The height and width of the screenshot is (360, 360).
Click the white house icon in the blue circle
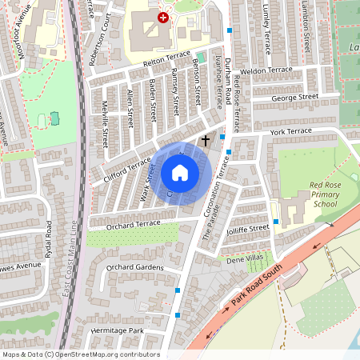click(180, 172)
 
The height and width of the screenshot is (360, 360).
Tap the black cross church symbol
click(205, 141)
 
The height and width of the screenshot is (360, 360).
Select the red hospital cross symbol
click(163, 17)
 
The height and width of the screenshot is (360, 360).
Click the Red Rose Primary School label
click(313, 194)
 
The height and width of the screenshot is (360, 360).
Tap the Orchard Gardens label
click(134, 267)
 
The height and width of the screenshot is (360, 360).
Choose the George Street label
click(294, 98)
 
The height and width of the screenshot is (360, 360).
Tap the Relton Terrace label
click(166, 58)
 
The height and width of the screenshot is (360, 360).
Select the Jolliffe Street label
click(247, 229)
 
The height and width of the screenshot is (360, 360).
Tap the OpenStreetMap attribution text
click(81, 354)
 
